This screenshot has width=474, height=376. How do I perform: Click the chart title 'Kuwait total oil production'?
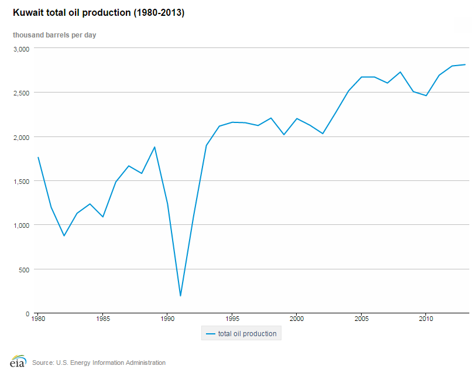click(94, 13)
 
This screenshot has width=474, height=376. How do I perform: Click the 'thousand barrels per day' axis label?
click(54, 35)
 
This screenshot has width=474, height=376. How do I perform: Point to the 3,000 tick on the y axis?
click(21, 49)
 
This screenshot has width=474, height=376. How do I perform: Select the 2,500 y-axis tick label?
click(21, 93)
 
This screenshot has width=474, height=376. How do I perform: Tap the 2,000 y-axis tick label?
click(21, 137)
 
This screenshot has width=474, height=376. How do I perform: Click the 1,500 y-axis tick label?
click(21, 181)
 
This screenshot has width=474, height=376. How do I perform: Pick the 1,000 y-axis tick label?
click(21, 225)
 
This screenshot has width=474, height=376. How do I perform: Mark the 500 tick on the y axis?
click(24, 269)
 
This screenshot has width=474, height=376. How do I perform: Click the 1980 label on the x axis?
click(38, 320)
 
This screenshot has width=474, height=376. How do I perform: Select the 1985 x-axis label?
click(102, 320)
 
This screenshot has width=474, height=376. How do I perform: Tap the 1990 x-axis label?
click(167, 320)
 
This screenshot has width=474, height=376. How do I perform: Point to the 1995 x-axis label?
click(232, 320)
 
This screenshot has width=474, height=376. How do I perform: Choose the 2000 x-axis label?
click(296, 320)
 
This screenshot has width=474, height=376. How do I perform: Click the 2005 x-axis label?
click(361, 320)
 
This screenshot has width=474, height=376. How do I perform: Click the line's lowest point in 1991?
click(180, 296)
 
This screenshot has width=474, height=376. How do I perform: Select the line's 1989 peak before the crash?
click(154, 147)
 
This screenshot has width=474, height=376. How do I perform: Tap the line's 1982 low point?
click(64, 235)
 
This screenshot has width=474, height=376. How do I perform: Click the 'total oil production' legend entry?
click(241, 334)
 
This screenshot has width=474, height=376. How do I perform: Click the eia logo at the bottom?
click(18, 361)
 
